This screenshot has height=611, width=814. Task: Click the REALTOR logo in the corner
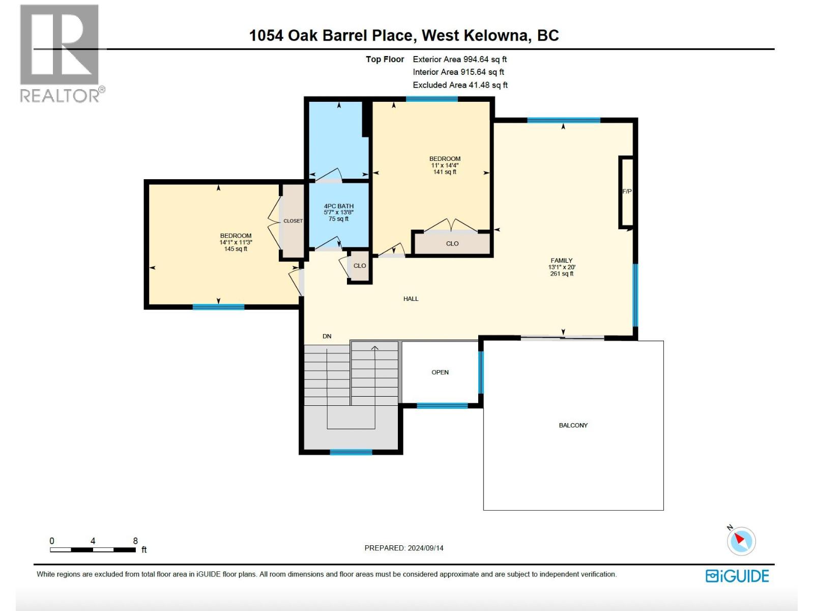tap(60, 53)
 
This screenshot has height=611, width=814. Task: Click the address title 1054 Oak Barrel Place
tap(403, 36)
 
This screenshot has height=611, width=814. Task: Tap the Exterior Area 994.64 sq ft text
tap(459, 60)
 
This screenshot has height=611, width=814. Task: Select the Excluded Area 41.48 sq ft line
tap(460, 85)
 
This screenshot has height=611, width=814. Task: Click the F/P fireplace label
tap(627, 191)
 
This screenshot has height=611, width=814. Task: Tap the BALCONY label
tap(573, 425)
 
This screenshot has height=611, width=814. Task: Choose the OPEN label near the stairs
tap(440, 372)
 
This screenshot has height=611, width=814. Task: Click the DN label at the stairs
tap(327, 336)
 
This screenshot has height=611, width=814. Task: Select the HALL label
tap(411, 299)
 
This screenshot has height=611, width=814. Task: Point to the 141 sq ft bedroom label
tap(445, 165)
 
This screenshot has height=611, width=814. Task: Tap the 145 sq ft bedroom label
tap(236, 242)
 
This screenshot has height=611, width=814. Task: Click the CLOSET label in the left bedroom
tap(293, 221)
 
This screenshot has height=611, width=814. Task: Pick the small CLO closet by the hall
tap(360, 266)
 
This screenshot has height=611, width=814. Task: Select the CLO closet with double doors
tap(452, 243)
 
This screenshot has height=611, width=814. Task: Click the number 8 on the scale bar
tap(135, 541)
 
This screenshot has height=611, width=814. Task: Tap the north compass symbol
tap(741, 540)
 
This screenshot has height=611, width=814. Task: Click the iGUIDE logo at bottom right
tap(737, 576)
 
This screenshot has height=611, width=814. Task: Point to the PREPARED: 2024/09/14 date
tap(404, 548)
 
